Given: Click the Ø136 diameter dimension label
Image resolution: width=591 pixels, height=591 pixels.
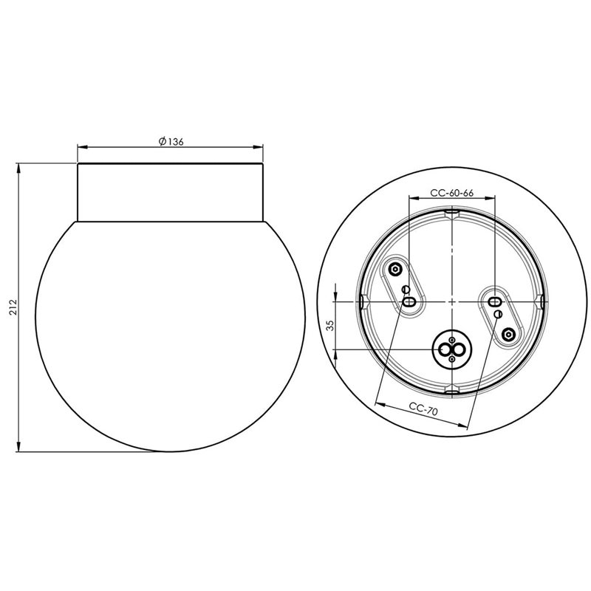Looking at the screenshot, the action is (x=171, y=141).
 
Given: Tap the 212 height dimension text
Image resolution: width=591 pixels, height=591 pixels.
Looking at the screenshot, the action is (x=13, y=307).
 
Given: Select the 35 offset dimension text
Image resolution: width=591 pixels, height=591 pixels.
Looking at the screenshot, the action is (x=330, y=325).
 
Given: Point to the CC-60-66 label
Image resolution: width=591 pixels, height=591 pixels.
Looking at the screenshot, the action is (x=452, y=193).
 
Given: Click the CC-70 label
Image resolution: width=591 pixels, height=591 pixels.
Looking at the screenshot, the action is (x=423, y=409).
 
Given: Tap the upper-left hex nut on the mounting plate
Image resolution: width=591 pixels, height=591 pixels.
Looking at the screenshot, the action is (x=395, y=269).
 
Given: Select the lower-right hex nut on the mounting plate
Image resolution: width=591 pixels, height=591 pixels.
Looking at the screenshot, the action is (x=508, y=334).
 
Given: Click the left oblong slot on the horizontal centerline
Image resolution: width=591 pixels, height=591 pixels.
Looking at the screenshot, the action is (x=409, y=301).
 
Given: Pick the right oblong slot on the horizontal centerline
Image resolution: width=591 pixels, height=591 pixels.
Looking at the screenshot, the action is (x=493, y=301).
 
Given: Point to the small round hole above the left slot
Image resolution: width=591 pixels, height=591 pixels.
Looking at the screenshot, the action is (x=406, y=290).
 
